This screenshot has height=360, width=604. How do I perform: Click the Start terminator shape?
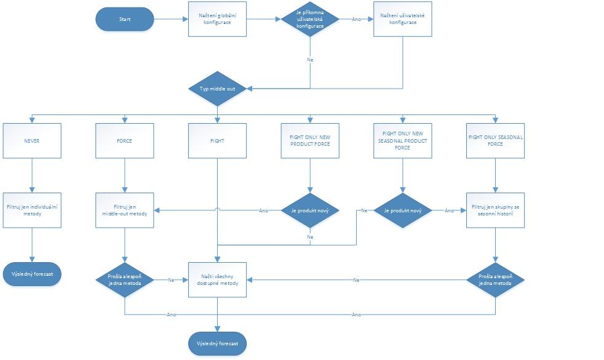(x=124, y=19)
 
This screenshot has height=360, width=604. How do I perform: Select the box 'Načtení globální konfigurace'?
(x=217, y=19)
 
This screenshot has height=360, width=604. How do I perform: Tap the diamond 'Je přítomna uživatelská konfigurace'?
(x=310, y=19)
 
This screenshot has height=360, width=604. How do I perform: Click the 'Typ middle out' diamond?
(x=217, y=89)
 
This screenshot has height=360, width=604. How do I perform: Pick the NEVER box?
(x=32, y=141)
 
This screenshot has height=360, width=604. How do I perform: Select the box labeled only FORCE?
(x=124, y=141)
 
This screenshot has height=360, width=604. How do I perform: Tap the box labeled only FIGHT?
(x=217, y=141)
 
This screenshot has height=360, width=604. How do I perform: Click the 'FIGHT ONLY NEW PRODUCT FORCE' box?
(x=310, y=141)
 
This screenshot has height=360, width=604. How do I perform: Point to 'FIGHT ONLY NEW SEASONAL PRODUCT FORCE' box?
(x=403, y=141)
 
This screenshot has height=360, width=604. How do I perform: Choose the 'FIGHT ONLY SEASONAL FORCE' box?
(x=495, y=141)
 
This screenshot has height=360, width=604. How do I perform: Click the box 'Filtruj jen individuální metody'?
(x=32, y=210)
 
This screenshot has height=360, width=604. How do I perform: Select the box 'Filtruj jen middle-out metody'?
(x=124, y=210)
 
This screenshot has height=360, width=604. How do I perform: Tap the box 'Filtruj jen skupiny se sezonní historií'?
(x=495, y=210)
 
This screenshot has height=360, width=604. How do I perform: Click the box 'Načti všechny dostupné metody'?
(x=217, y=280)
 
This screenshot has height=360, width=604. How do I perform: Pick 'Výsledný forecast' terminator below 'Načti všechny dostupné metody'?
(x=217, y=343)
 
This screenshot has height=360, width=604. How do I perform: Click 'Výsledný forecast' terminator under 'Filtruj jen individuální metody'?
(x=32, y=273)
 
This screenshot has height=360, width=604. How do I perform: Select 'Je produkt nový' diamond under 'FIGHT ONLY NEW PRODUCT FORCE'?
(x=310, y=210)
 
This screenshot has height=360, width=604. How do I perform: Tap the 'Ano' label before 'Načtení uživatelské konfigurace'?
(x=356, y=19)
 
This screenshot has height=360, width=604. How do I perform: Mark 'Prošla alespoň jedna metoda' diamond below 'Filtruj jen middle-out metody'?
(x=124, y=280)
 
